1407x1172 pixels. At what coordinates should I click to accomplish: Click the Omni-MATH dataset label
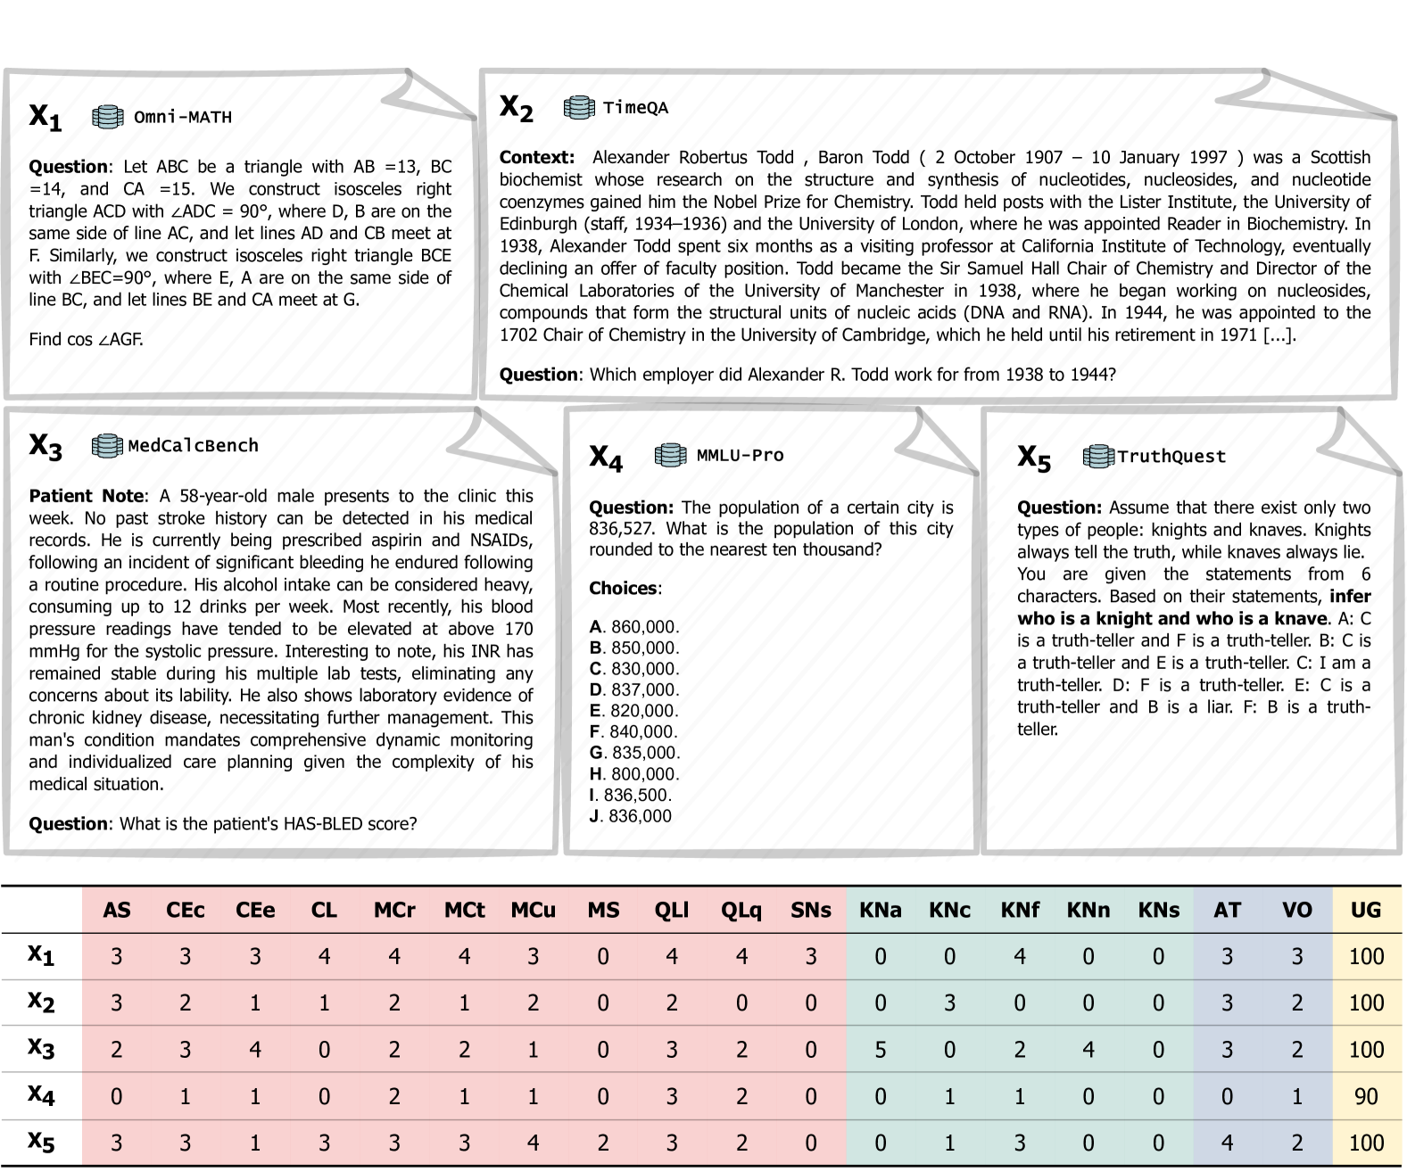(x=182, y=117)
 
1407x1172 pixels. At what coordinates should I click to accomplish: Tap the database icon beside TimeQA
(x=579, y=108)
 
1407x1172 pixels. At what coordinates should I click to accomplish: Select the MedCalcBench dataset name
(x=193, y=446)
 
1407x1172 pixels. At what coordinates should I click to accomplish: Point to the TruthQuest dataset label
(x=1171, y=457)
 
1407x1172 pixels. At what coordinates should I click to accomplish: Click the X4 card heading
(x=606, y=457)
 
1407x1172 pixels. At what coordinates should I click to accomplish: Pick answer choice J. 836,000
(x=630, y=816)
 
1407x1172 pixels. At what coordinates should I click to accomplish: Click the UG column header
(x=1365, y=911)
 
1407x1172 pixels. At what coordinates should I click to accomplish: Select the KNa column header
(x=880, y=911)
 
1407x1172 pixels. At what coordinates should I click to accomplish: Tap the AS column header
(x=117, y=911)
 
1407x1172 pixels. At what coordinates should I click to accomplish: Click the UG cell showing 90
(x=1365, y=1096)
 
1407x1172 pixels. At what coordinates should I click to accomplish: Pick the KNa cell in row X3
(x=880, y=1050)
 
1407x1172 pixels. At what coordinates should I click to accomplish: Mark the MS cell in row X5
(x=603, y=1143)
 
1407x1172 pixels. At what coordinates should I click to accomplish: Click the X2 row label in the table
(x=41, y=1003)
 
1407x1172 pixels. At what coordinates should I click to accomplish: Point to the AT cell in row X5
(x=1227, y=1143)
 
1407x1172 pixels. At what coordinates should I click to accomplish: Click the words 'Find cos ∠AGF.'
(x=86, y=340)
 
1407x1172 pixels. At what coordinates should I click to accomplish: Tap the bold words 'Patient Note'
(x=86, y=496)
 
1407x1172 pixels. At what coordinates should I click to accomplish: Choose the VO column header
(x=1296, y=911)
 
